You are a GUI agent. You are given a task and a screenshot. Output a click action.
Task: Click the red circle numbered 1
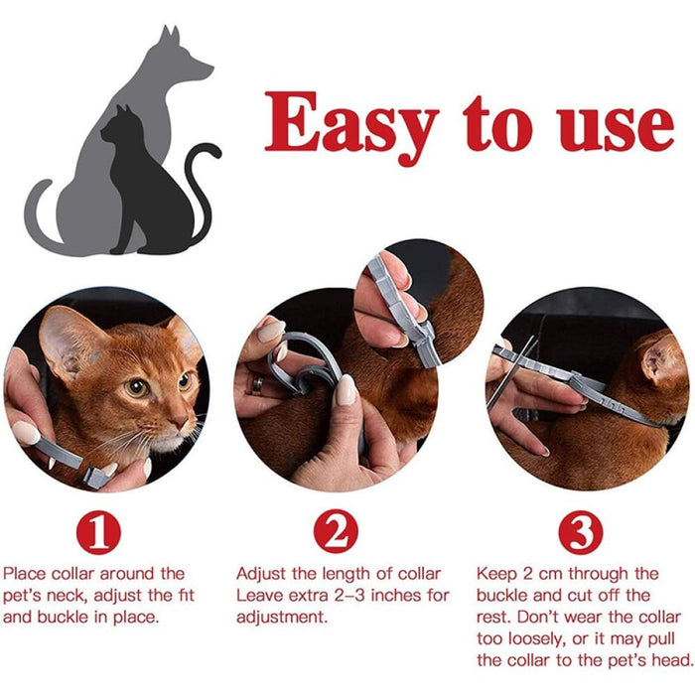pos(98,533)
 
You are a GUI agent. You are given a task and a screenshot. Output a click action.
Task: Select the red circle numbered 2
pos(336,533)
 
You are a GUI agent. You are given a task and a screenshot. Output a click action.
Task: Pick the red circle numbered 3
pos(580,533)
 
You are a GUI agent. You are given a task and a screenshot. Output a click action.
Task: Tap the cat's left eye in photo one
pos(137,388)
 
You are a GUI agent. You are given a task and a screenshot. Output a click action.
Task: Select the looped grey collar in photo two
pos(308,362)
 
